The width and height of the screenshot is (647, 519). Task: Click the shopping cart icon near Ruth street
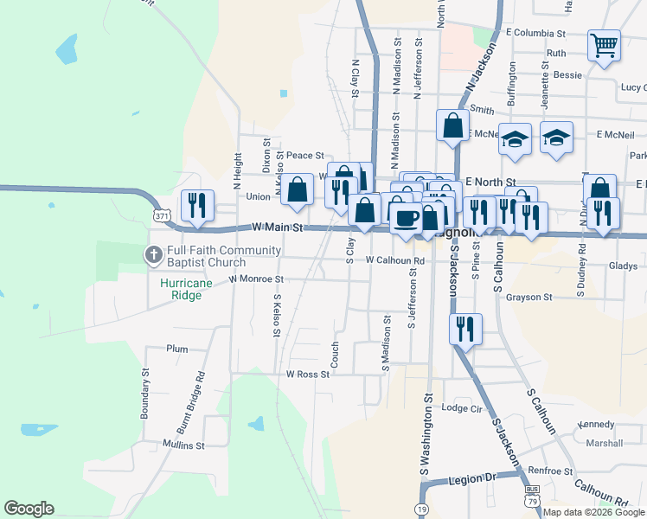click(x=604, y=45)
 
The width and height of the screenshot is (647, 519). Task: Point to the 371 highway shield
click(x=161, y=213)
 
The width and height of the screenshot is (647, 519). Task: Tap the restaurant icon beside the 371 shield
click(x=197, y=206)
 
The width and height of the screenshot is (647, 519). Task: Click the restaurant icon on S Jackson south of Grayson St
click(x=465, y=329)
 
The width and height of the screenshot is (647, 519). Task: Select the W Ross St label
click(x=308, y=375)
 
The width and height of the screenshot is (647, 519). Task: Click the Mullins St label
click(x=183, y=445)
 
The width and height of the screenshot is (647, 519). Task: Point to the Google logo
click(x=29, y=509)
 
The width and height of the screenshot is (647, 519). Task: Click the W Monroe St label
click(x=256, y=279)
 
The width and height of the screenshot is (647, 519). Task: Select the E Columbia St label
click(x=535, y=33)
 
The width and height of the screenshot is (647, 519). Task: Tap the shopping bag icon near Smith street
click(x=452, y=125)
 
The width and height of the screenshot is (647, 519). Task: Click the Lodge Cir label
click(x=461, y=408)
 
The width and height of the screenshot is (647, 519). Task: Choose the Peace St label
click(x=304, y=156)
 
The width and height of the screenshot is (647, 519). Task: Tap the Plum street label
click(x=177, y=349)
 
